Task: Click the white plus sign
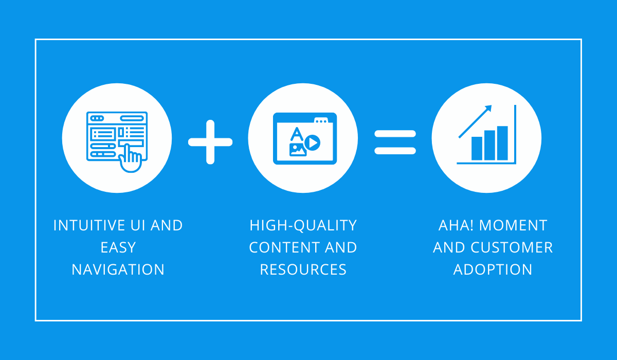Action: coord(210,142)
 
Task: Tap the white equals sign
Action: coord(395,142)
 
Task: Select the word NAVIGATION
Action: coord(118,269)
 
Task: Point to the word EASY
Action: coord(118,247)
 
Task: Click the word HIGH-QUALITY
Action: coord(303,226)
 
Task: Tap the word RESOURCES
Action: coord(303,269)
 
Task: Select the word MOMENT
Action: coord(513,225)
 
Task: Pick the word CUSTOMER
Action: coord(512,247)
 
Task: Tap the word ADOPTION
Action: coord(493,269)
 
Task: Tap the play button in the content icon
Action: coord(313,142)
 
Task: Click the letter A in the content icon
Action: coord(297,134)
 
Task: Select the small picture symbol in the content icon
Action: coord(298,150)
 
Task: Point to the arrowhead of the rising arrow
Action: coord(488,108)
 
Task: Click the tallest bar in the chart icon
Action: coord(502,143)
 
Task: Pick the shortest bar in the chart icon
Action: coord(477,149)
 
